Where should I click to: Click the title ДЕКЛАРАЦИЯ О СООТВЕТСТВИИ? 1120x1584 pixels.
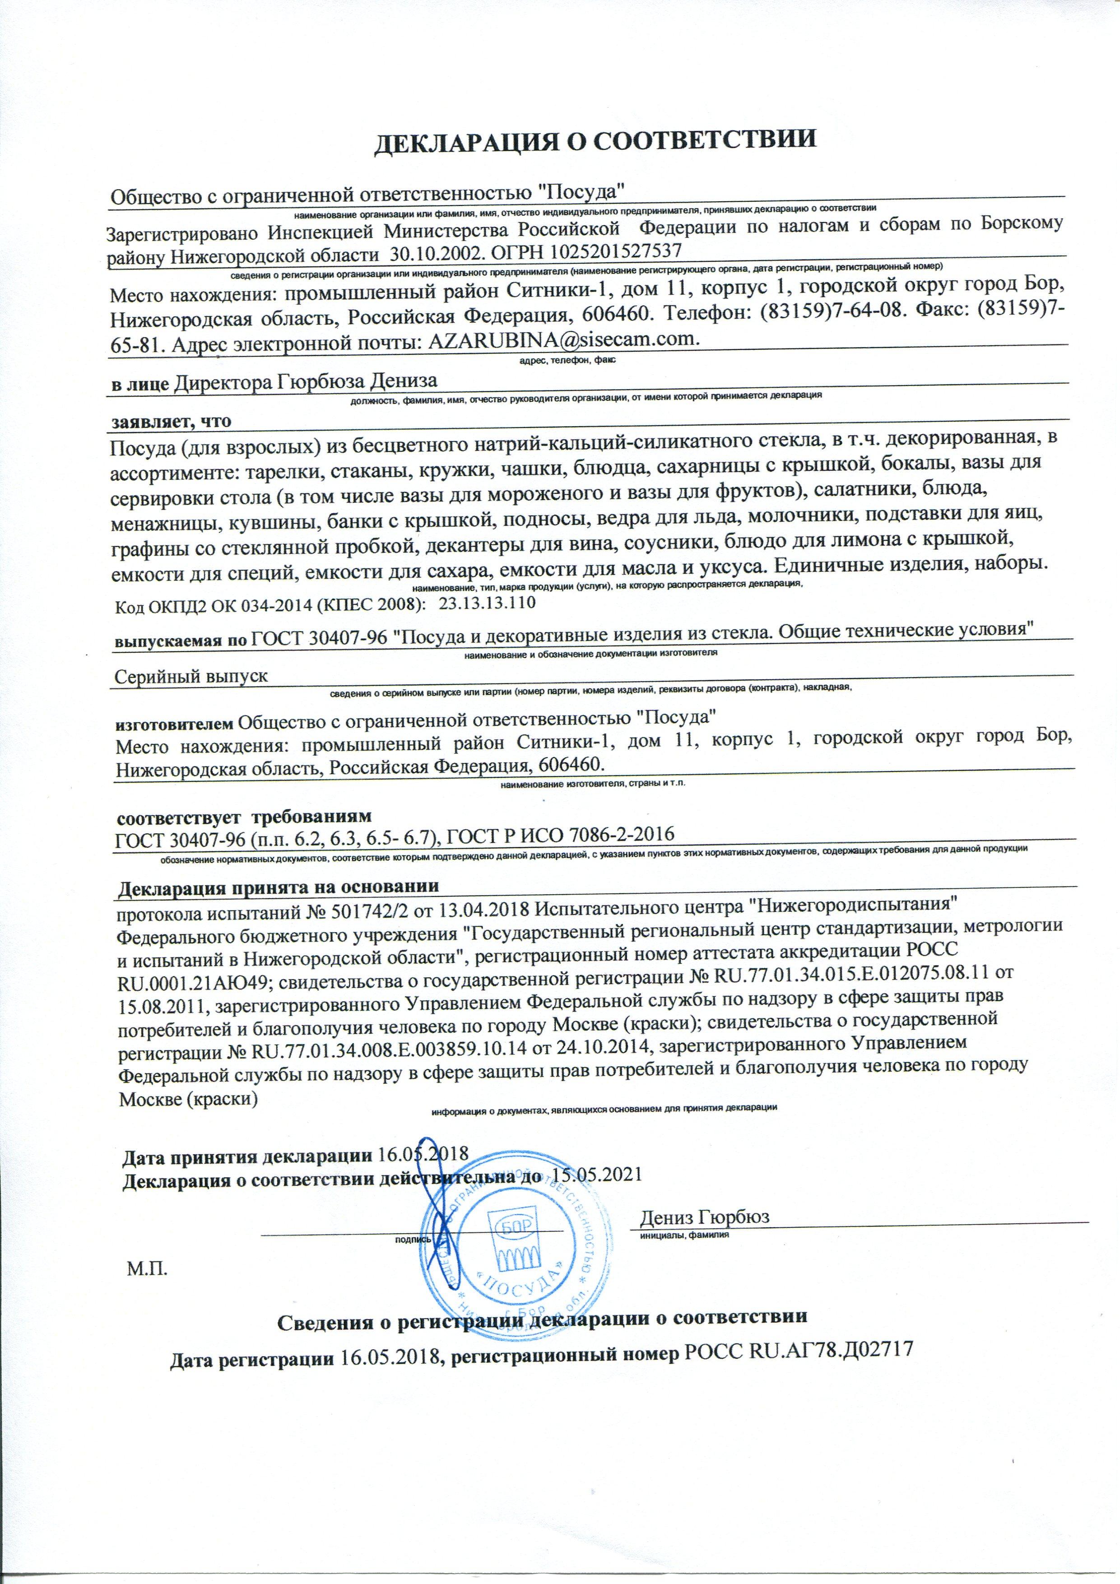pos(594,139)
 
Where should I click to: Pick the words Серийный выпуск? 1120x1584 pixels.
pos(191,676)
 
